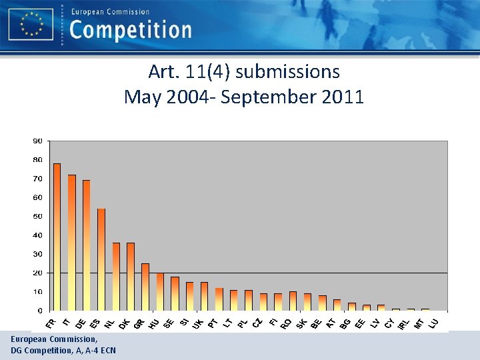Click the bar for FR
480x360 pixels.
(x=57, y=237)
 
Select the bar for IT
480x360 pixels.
(x=72, y=243)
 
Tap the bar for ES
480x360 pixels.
(x=101, y=259)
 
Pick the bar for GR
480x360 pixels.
(x=145, y=287)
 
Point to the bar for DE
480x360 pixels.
(x=87, y=245)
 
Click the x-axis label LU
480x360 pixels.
(x=433, y=323)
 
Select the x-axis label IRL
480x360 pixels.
(x=403, y=324)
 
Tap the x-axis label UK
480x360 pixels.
(x=198, y=323)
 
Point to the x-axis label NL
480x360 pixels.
(x=109, y=323)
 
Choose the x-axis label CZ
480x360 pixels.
(x=257, y=323)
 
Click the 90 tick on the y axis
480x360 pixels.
(x=38, y=141)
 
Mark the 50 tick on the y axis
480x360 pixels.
(x=38, y=216)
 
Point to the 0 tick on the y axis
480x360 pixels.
(x=40, y=311)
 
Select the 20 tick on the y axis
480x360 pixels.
(x=38, y=273)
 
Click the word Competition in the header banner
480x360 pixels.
(x=130, y=30)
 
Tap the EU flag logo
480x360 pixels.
(x=31, y=25)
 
